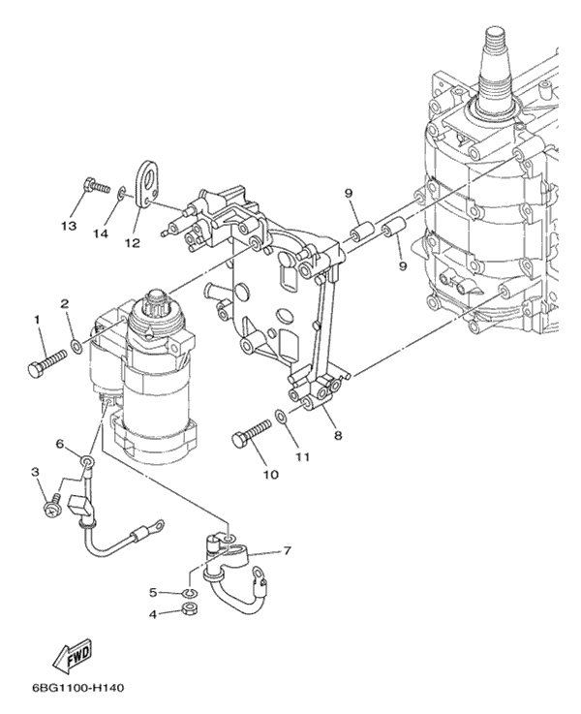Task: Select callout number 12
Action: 132,242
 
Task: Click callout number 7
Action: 287,552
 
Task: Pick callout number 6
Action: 60,444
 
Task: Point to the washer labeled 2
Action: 76,344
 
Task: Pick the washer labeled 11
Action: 280,417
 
